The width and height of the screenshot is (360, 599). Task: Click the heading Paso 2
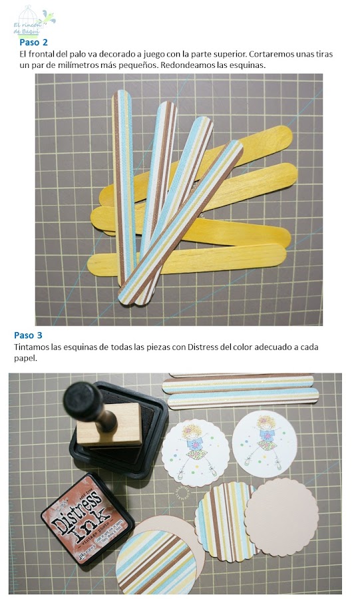(x=33, y=42)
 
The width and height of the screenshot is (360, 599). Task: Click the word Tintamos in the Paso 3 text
(x=33, y=347)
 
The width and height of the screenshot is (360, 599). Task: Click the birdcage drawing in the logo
(x=26, y=15)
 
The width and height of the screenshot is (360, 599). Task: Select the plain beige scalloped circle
(x=281, y=516)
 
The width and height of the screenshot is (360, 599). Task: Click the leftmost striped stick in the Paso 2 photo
(x=123, y=186)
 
